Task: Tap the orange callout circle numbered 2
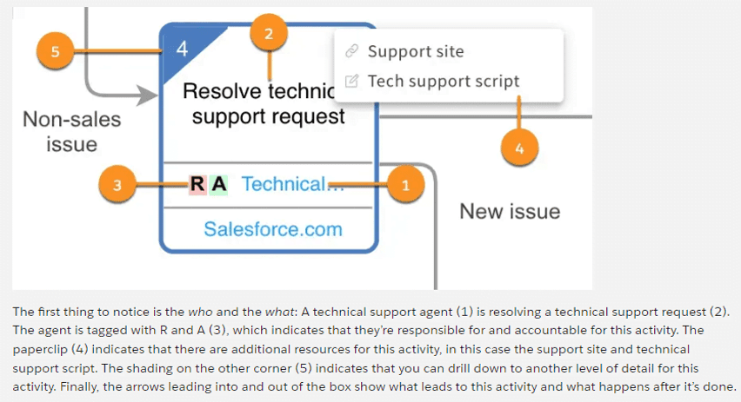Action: [x=269, y=34]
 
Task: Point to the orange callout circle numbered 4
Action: [x=519, y=148]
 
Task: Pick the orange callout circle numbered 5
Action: [x=55, y=51]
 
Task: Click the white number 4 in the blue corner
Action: [x=182, y=48]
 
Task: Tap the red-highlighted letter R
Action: [x=197, y=184]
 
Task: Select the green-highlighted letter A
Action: [x=219, y=184]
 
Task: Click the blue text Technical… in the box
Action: [x=284, y=184]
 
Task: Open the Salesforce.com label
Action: [x=272, y=229]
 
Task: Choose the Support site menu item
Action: [x=416, y=51]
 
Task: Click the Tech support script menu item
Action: [x=444, y=81]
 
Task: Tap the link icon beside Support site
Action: [x=352, y=51]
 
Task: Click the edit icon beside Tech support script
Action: [x=352, y=81]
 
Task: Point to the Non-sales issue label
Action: [x=71, y=131]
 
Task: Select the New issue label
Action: [x=510, y=211]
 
